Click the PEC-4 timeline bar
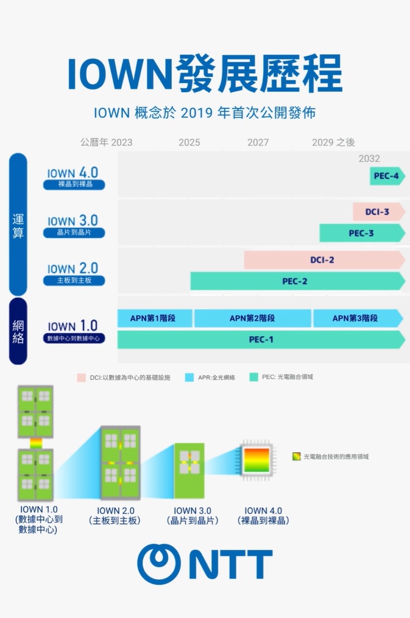click(x=387, y=176)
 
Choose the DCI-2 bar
click(x=323, y=260)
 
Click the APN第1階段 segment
click(x=155, y=318)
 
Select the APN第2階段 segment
click(x=252, y=318)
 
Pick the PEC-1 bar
click(x=260, y=340)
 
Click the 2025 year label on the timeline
click(x=189, y=142)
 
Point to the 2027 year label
click(x=258, y=142)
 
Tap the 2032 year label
click(x=369, y=158)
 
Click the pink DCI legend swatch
click(x=81, y=377)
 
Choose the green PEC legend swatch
click(x=254, y=377)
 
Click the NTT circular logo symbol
click(x=158, y=564)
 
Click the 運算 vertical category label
click(x=18, y=225)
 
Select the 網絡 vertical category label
click(x=18, y=331)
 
